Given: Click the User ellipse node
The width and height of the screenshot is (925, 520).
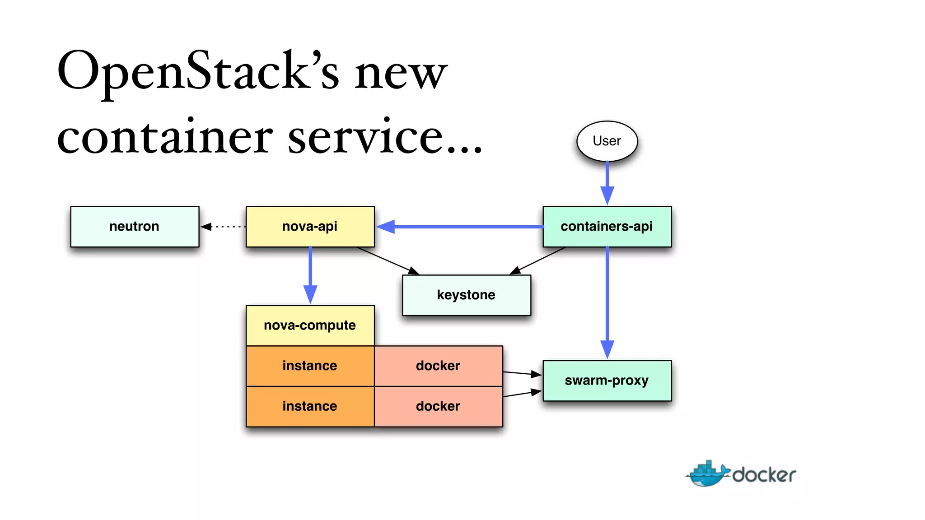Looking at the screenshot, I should click(x=607, y=141).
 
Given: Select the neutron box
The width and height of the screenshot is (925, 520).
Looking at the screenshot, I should click(x=135, y=226).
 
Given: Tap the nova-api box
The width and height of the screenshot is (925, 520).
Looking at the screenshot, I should click(x=310, y=226).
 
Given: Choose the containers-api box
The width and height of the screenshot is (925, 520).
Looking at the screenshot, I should click(x=607, y=226).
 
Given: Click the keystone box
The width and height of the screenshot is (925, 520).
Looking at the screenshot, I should click(x=466, y=295).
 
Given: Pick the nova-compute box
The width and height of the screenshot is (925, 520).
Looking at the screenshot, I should click(x=310, y=325).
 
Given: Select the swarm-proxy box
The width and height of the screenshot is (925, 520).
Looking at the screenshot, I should click(x=607, y=381).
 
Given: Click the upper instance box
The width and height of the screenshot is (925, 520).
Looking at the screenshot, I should click(x=310, y=366).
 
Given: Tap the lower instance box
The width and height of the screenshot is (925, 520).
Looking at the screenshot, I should click(x=310, y=406).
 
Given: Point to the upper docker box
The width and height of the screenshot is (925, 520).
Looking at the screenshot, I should click(x=438, y=366).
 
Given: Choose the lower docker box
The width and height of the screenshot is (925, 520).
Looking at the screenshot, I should click(x=438, y=406).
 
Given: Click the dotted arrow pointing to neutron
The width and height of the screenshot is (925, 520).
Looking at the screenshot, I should click(x=224, y=227).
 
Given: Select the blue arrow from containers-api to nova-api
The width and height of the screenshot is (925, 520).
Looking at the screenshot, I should click(x=461, y=227).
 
